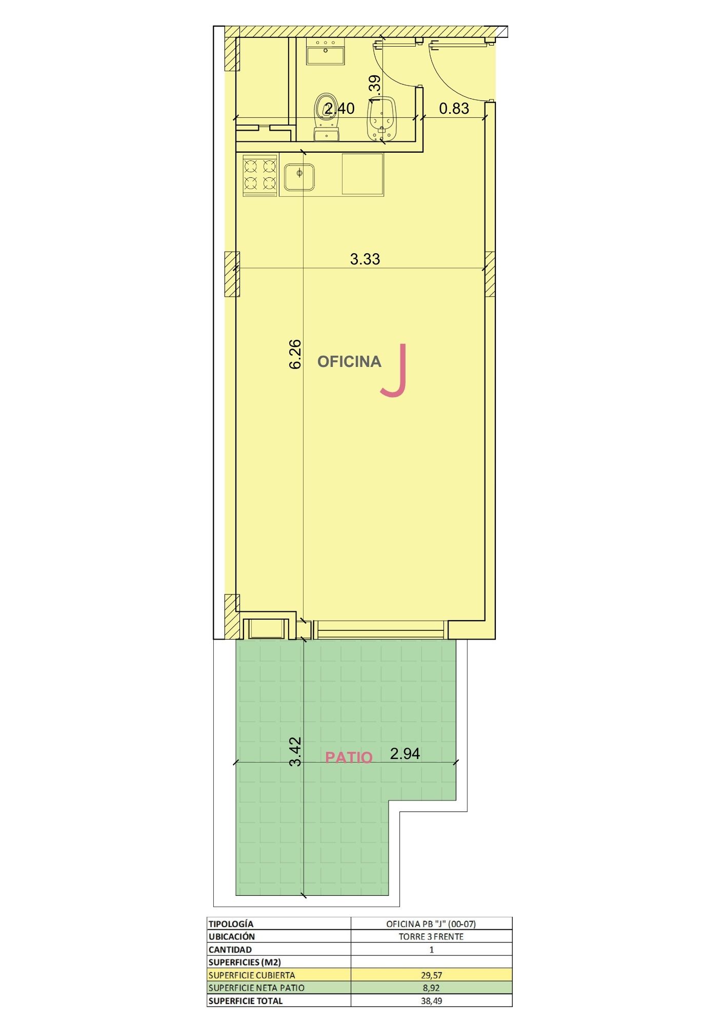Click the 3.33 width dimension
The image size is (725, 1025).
365,259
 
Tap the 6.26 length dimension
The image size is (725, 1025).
295,354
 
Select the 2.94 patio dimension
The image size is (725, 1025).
405,753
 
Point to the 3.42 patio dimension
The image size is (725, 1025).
295,751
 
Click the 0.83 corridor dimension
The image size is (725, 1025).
454,109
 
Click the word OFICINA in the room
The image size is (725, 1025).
349,362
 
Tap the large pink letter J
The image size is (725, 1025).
394,370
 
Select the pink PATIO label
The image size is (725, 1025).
349,757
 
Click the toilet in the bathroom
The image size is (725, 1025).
326,116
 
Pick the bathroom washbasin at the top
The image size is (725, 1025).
325,51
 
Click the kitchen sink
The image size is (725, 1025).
299,176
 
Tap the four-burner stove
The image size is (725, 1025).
260,175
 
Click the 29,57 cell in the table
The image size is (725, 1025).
431,975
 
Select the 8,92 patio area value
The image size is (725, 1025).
431,988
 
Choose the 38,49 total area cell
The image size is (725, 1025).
431,1000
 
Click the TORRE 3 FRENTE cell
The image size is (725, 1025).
431,936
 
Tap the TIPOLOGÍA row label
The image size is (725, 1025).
231,924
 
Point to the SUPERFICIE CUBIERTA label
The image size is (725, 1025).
252,975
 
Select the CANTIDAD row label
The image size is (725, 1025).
230,949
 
